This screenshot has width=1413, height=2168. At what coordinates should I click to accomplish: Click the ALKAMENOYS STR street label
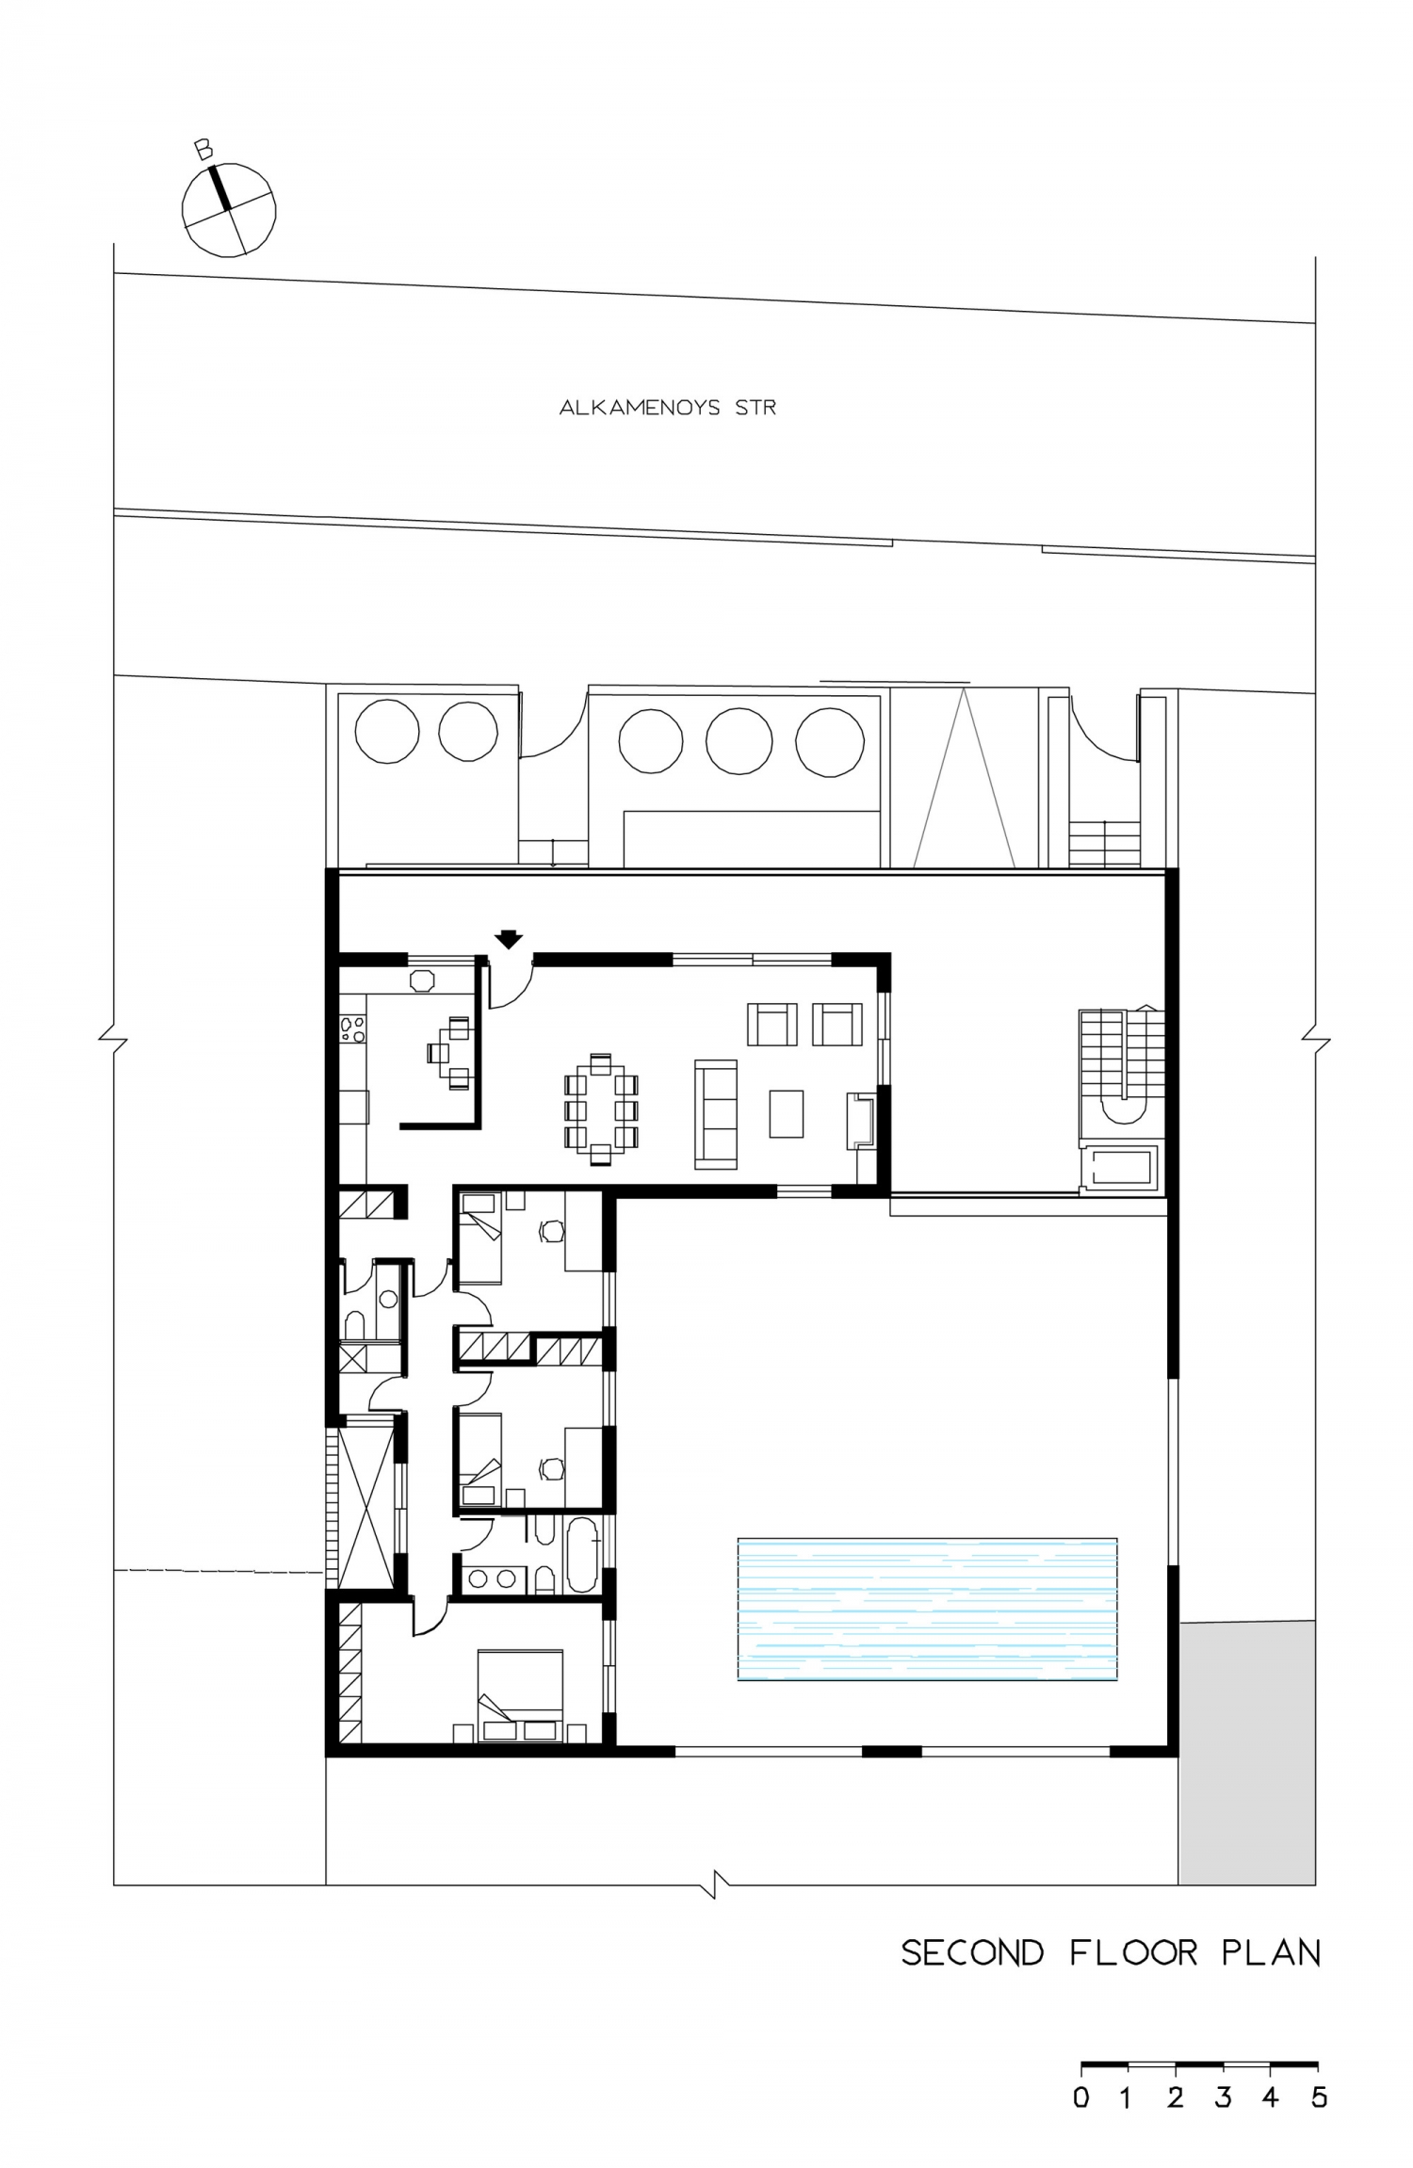click(667, 408)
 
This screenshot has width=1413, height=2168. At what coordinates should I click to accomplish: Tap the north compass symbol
click(228, 209)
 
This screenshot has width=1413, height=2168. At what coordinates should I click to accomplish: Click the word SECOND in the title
click(972, 1953)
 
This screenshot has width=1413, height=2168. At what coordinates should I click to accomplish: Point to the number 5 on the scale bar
click(1318, 2097)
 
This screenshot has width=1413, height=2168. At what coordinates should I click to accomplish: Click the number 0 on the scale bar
click(1081, 2097)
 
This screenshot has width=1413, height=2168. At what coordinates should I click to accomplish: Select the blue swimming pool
click(927, 1609)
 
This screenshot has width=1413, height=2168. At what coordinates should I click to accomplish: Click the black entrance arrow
click(509, 938)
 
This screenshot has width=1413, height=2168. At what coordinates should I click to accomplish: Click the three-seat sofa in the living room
click(716, 1114)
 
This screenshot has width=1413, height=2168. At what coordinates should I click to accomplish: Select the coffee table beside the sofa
click(787, 1113)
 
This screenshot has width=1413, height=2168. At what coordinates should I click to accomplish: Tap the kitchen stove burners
click(352, 1027)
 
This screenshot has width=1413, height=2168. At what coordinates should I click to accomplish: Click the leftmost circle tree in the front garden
click(386, 731)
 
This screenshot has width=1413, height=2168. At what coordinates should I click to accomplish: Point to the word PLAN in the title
click(1271, 1953)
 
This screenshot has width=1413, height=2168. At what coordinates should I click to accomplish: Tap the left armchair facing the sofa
click(772, 1025)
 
